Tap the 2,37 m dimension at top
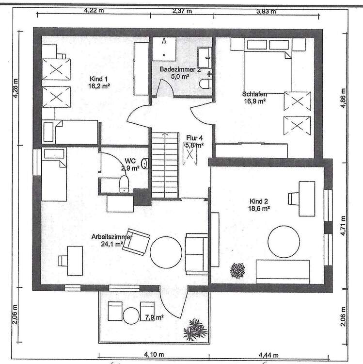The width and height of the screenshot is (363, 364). click(182, 11)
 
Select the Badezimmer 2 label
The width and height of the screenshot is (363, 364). click(180, 73)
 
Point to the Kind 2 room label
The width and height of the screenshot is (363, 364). click(259, 204)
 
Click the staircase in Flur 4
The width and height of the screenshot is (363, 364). click(166, 165)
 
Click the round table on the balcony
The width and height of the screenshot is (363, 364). click(131, 316)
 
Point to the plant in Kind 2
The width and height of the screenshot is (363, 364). click(238, 270)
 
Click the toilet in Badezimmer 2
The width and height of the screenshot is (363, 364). click(205, 84)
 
